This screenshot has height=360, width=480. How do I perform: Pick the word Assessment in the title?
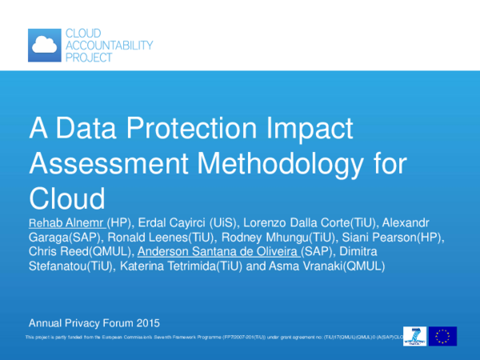tap(102, 162)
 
